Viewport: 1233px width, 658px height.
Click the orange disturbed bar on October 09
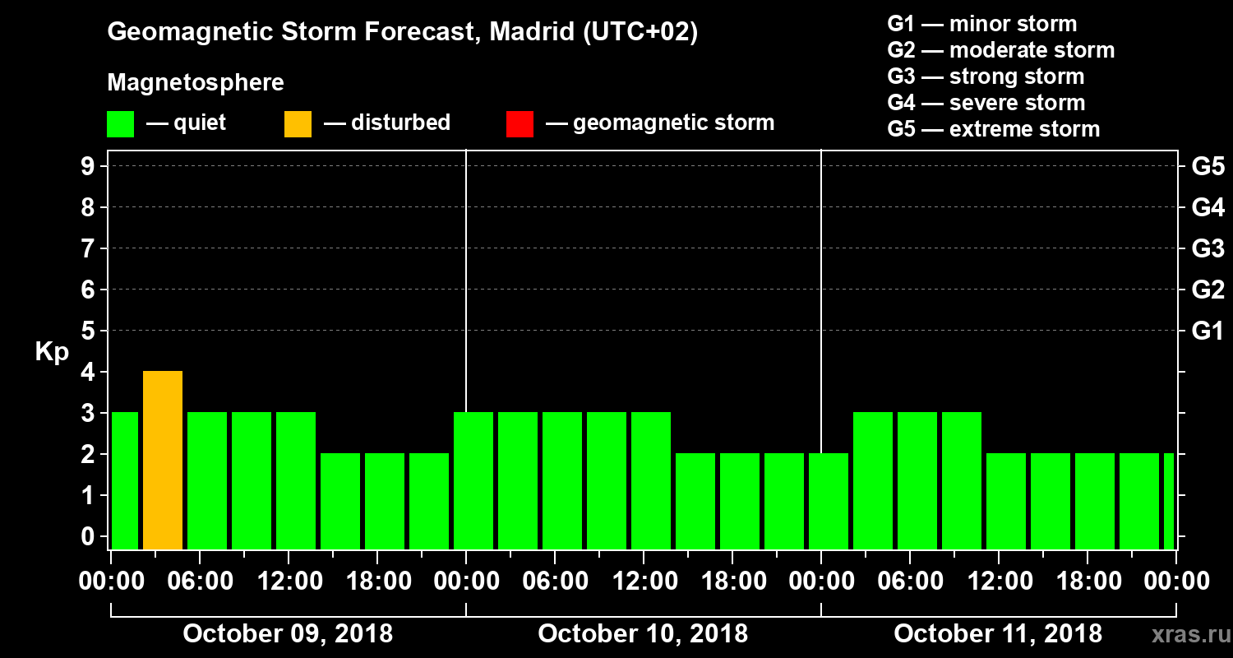(163, 460)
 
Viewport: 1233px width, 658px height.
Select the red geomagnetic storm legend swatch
(520, 124)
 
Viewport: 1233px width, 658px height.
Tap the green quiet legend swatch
(120, 124)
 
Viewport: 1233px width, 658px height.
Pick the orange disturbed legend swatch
(298, 124)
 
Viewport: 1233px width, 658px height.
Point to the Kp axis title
(51, 351)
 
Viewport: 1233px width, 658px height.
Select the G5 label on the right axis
(1208, 167)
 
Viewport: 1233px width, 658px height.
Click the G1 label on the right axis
(1208, 331)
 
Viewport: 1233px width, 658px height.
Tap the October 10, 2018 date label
(643, 634)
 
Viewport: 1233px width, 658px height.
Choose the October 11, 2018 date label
(998, 634)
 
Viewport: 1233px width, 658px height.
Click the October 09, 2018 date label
(288, 634)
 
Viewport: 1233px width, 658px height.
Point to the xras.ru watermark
(1185, 634)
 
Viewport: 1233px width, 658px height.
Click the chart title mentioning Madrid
(403, 33)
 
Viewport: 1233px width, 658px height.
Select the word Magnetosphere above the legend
(196, 83)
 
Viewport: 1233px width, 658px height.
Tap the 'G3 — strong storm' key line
(986, 76)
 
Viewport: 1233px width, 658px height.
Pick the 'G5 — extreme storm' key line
(993, 129)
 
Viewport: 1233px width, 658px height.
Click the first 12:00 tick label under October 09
(289, 582)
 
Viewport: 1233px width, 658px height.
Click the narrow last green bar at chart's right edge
(1169, 501)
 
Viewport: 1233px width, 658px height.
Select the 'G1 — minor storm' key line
(981, 24)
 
